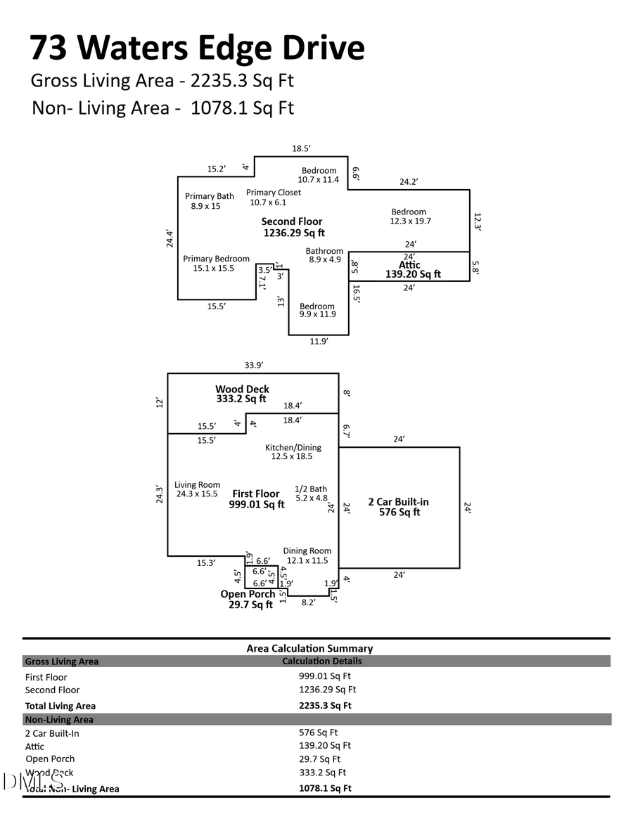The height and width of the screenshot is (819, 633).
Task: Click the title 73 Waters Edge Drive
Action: coord(197,48)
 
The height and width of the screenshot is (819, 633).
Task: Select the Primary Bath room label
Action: coord(209,201)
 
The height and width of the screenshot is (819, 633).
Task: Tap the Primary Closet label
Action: coord(273,198)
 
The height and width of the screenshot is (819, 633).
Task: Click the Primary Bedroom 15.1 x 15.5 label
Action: coord(216,264)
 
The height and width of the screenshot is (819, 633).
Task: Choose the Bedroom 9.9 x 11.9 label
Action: coord(317,311)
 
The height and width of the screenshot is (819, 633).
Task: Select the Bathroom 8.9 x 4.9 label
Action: coord(324,255)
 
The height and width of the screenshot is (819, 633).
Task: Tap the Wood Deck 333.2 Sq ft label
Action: coord(242,394)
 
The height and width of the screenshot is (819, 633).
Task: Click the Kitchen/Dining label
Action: coord(293,452)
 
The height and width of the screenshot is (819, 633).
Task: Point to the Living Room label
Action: coord(197,489)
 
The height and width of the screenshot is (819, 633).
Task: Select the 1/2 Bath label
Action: coord(310,494)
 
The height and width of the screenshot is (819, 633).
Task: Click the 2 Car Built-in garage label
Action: coord(398,507)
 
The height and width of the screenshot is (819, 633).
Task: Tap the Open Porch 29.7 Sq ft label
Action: coord(248,599)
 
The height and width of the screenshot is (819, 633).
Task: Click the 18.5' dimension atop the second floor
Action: coord(301,148)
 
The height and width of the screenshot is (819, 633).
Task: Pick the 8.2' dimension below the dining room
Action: coord(308,602)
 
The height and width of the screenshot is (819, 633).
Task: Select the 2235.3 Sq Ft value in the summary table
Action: coord(325,705)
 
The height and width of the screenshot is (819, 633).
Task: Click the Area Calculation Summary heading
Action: coord(309,648)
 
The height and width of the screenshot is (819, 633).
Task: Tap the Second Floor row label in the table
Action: coord(53,690)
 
